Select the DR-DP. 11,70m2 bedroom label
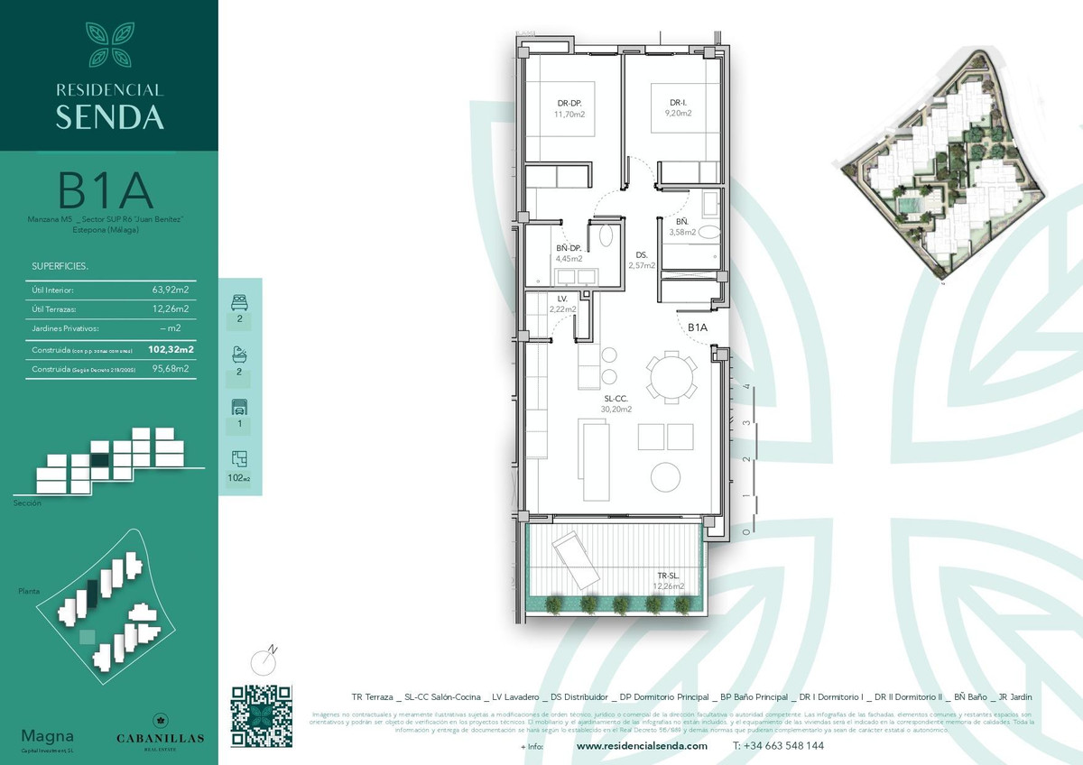coord(569,109)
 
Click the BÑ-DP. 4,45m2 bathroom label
coord(569,253)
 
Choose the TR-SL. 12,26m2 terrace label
coord(669,580)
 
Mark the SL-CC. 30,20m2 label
coord(616,403)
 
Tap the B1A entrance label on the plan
coord(698,327)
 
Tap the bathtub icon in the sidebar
coord(239,354)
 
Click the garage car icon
coord(239,406)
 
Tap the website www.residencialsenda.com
coord(642,746)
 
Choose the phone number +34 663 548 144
coord(778,746)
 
